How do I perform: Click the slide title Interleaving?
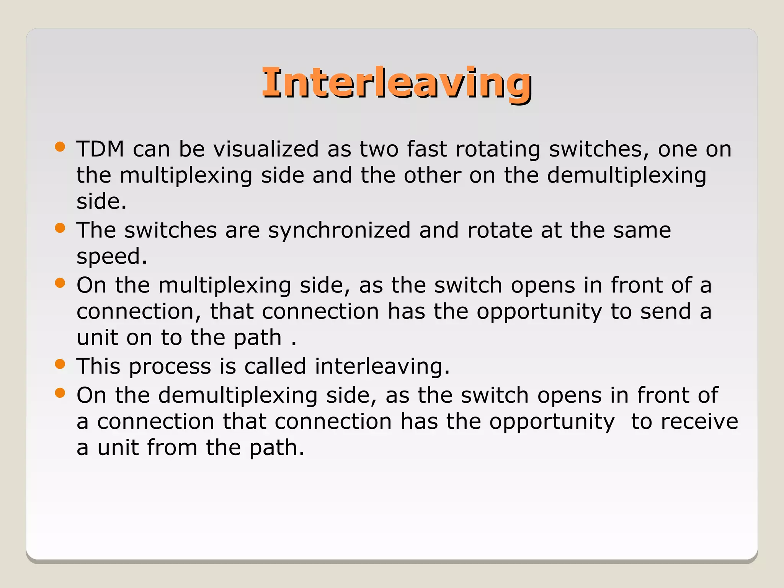tap(397, 82)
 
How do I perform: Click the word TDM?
tap(100, 149)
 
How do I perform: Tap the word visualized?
tap(266, 149)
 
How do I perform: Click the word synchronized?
tap(339, 231)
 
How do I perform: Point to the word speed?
tap(111, 257)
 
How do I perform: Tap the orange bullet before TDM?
tap(60, 147)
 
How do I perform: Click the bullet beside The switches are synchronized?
tap(60, 229)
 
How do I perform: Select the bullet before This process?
tap(60, 364)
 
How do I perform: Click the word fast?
tap(426, 149)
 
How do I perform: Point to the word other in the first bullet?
tap(432, 175)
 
